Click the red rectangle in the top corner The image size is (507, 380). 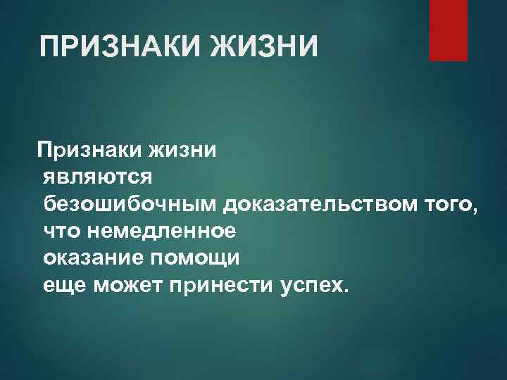click(449, 30)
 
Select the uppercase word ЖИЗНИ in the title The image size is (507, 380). click(266, 49)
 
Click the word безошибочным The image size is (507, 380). click(132, 204)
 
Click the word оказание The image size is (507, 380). click(92, 258)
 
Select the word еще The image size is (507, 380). click(59, 286)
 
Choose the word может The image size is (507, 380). click(116, 286)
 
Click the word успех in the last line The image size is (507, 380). click(306, 286)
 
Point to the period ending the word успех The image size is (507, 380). click(346, 291)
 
